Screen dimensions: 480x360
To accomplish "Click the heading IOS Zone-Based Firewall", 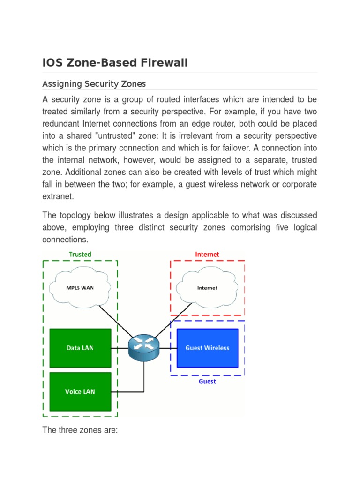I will click(115, 63).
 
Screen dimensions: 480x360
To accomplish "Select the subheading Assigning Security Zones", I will click(94, 84).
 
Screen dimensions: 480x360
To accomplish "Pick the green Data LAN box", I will click(80, 348).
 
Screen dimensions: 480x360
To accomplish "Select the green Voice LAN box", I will click(80, 391).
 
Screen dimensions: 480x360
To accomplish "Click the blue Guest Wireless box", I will click(207, 348).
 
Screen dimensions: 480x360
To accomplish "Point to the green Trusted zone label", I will click(80, 255).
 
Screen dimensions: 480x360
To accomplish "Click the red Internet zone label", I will click(207, 255).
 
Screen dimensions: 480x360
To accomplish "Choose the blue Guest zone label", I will click(207, 382).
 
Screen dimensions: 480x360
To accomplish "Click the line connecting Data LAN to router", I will click(120, 348).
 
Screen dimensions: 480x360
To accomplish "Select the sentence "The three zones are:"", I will click(80, 430).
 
